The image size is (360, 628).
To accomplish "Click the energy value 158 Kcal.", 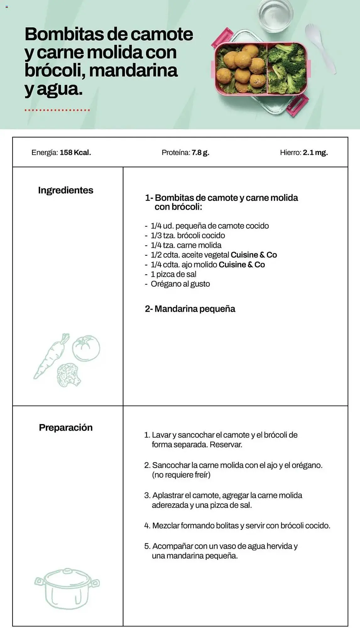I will tap(75, 153).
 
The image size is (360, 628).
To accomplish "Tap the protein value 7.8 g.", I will tap(200, 153).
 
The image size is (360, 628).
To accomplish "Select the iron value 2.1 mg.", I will tap(315, 153).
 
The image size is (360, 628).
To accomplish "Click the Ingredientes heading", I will tap(66, 190).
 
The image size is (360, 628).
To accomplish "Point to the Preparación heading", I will tap(66, 427).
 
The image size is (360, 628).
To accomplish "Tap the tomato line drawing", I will tap(86, 348).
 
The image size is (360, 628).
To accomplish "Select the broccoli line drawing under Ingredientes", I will tap(68, 375).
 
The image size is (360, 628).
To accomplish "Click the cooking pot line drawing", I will tap(67, 589).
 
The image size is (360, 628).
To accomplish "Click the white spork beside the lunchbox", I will tap(319, 47).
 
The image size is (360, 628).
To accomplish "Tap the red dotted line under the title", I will tap(57, 110).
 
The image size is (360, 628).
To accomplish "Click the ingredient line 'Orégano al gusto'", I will tap(180, 284).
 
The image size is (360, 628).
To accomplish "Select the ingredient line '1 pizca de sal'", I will tap(173, 274).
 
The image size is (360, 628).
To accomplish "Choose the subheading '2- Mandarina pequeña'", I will tap(190, 309).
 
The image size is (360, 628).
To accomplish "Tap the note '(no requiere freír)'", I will tap(181, 475).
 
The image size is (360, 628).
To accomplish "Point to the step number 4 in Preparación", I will tap(147, 526).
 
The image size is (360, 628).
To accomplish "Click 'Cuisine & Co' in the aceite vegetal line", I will tap(254, 255).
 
